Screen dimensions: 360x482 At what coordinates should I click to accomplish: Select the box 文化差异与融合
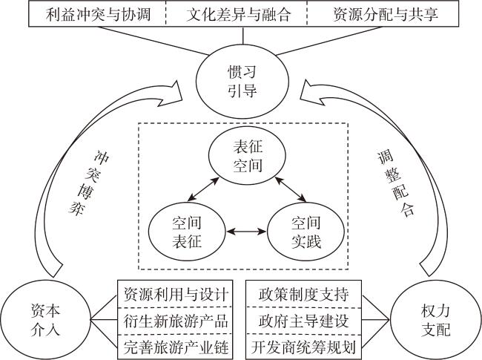coord(238,13)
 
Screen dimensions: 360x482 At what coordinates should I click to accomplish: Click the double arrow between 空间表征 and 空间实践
coord(245,232)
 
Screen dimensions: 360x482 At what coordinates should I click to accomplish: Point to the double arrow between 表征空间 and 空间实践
coord(290,190)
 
